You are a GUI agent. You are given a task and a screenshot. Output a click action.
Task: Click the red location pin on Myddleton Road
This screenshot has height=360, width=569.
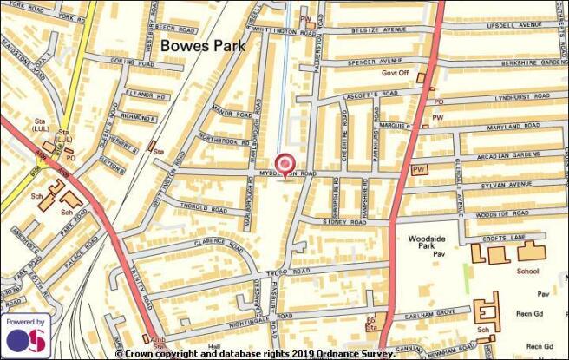(x=284, y=164)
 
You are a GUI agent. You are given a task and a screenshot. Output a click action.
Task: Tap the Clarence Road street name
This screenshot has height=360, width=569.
(x=215, y=244)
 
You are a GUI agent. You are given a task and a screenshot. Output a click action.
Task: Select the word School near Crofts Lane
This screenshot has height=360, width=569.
(x=528, y=271)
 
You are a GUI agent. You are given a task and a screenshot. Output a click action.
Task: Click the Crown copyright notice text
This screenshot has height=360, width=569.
(x=255, y=354)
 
